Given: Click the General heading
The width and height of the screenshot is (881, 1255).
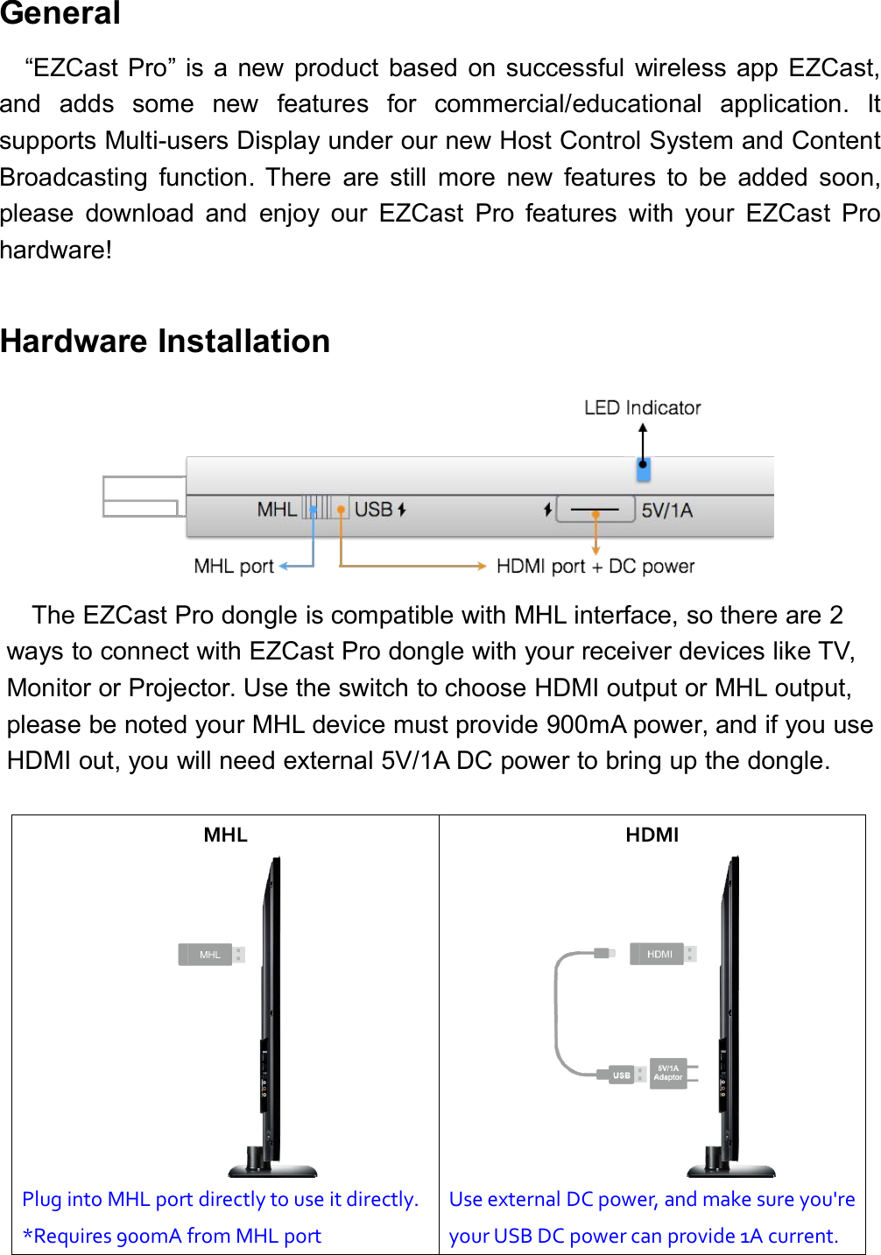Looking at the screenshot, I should tap(60, 14).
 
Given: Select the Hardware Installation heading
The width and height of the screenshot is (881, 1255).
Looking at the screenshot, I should tap(166, 341).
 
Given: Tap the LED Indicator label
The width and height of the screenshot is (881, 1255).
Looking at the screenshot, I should tap(642, 408).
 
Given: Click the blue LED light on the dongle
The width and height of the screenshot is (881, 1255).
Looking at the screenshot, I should tap(643, 470).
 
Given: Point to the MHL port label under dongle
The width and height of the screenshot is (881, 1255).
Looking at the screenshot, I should tap(234, 567).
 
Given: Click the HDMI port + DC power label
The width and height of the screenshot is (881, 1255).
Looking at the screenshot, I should tap(596, 567).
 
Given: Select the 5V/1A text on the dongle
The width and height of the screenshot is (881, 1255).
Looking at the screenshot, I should tap(666, 511).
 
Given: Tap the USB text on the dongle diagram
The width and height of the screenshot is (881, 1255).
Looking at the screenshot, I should tap(373, 510).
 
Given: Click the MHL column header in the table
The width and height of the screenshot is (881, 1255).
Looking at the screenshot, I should tap(225, 835).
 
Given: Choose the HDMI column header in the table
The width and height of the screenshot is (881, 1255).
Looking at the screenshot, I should tap(652, 835).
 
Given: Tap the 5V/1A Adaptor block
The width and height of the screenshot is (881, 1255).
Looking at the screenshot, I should tap(669, 1073).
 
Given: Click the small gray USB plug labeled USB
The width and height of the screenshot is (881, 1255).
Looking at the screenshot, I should tap(622, 1075).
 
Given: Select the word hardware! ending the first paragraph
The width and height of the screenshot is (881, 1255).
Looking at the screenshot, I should tap(56, 250).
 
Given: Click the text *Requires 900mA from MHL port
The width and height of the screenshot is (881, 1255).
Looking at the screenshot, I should tap(172, 1236).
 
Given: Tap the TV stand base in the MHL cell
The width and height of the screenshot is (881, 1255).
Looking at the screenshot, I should tap(272, 1170).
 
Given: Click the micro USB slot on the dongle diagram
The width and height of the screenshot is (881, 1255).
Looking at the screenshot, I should tap(596, 509).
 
